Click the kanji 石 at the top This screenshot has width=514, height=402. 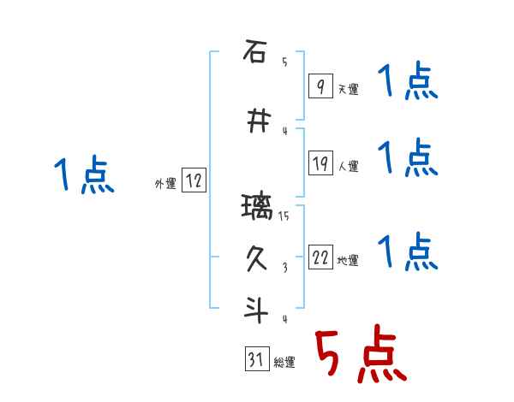point(254,52)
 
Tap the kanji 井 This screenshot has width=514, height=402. point(254,121)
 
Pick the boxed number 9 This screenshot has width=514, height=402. point(320,87)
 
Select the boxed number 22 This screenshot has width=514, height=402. point(320,258)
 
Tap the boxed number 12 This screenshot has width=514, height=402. point(194,181)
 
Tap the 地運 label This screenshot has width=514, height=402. point(348,261)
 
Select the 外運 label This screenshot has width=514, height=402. point(165,183)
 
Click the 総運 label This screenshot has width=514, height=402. point(284,363)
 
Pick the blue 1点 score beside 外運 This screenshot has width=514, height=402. point(83,175)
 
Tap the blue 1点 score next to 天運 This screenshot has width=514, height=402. point(408,83)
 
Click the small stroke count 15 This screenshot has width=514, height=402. point(284,216)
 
